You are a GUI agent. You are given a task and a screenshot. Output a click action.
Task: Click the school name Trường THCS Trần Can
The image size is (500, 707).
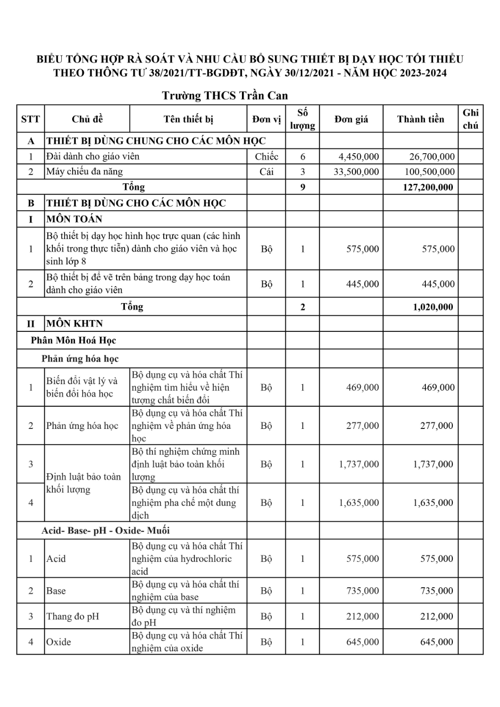[x=225, y=96]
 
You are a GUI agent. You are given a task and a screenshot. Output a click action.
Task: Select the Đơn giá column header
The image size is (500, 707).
[x=351, y=119]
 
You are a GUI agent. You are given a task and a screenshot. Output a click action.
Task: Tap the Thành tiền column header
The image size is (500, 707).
[x=420, y=119]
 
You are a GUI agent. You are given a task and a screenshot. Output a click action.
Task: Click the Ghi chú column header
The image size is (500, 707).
[x=470, y=119]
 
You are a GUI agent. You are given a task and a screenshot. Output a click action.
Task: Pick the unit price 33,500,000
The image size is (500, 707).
[x=356, y=172]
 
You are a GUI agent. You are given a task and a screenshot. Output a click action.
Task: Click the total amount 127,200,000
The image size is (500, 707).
[x=428, y=187]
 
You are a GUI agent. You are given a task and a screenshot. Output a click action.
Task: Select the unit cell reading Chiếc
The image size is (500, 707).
[x=267, y=156]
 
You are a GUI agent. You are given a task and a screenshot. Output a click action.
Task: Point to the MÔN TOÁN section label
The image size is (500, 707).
[x=75, y=219]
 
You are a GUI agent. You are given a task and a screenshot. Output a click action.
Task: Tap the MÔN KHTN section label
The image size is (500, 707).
[x=75, y=323]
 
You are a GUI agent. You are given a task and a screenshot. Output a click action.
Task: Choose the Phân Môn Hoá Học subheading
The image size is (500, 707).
[x=74, y=340]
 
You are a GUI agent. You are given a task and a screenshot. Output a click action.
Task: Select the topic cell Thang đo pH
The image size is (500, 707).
[x=73, y=617]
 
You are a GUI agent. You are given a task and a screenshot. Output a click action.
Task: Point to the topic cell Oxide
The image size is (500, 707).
[x=58, y=642]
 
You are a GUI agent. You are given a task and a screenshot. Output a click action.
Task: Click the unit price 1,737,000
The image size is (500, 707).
[x=358, y=464]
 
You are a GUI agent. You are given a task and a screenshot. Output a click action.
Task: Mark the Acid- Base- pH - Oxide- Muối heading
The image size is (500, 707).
[x=106, y=531]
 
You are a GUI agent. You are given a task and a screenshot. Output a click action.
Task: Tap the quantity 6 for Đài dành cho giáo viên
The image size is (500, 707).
[x=303, y=156]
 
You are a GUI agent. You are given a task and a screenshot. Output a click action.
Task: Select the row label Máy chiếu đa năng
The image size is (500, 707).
[x=84, y=172]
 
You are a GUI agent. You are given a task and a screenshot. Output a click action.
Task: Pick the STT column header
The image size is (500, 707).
[x=31, y=119]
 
